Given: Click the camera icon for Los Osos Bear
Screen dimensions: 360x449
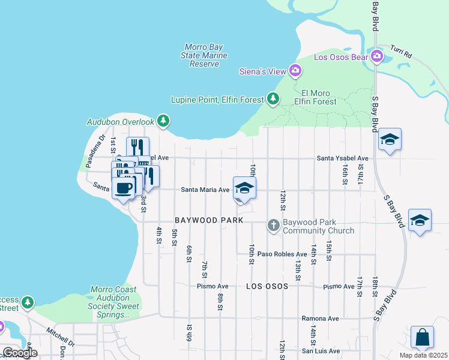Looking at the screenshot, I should point(377,56).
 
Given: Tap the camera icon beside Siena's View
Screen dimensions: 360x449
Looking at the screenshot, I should point(295,71).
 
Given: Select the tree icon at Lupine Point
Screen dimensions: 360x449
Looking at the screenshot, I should point(273,98).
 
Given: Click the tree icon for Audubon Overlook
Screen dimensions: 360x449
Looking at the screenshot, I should point(163,121).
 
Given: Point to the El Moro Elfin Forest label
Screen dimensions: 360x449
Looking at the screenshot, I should point(319,97).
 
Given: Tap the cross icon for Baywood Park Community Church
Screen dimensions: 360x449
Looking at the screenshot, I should point(274,226).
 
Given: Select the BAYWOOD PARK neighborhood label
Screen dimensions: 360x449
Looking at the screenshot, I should point(209,220).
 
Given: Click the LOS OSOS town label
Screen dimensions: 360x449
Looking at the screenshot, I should point(267,286).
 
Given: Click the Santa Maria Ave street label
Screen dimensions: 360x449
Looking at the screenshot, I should point(206,190).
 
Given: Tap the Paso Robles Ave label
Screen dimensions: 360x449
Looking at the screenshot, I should point(282,254).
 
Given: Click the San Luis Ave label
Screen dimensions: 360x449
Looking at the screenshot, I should point(321,351).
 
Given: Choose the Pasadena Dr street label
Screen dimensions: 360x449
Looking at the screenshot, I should point(94,151).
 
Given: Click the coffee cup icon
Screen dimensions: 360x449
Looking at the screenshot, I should point(124,188).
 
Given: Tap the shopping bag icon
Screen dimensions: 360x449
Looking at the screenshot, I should point(422,337).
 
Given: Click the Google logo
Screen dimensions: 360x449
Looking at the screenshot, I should point(20,353).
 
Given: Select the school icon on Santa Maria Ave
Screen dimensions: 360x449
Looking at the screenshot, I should point(244,188).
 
